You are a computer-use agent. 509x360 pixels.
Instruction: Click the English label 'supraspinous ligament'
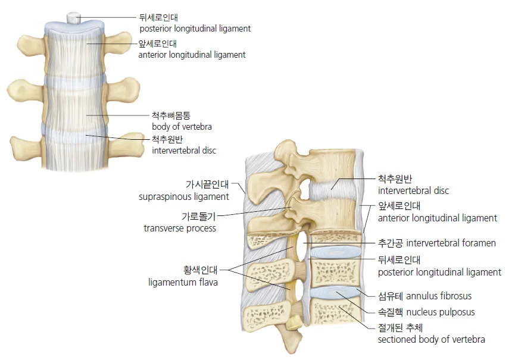pos(184,197)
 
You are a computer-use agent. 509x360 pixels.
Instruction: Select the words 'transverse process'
pos(180,228)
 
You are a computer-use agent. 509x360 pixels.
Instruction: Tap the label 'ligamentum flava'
pos(183,282)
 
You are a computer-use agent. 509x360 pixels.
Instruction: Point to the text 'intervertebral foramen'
pos(451,243)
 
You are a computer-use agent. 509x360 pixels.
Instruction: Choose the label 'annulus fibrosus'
pos(439,296)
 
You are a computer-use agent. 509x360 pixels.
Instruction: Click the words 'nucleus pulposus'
pos(441,312)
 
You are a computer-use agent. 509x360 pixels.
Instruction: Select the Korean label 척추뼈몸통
pos(171,115)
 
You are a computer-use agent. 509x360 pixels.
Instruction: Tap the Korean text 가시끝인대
pos(207,184)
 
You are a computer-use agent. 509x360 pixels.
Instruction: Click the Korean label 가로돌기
pos(199,216)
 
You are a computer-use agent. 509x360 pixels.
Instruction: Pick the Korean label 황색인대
pos(200,270)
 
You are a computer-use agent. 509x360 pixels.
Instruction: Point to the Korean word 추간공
pos(391,243)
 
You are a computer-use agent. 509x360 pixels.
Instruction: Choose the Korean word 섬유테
pos(391,296)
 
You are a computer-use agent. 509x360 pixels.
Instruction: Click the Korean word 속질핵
pos(391,312)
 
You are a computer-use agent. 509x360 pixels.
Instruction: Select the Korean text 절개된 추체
pos(400,327)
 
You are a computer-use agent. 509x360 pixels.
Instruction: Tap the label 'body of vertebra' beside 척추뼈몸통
pos(182,127)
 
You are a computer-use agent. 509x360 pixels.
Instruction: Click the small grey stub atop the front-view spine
pos(74,17)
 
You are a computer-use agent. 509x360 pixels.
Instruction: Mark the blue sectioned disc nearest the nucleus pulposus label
pos(336,293)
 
